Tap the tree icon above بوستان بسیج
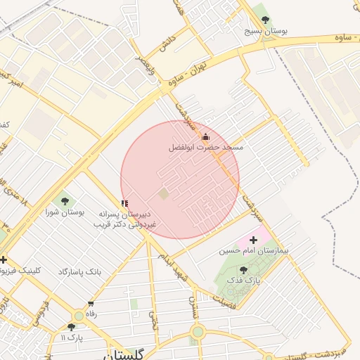(265, 18)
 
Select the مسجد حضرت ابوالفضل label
(206, 148)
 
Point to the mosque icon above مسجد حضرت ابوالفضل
(206, 136)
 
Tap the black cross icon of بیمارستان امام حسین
(254, 240)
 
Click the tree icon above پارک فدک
(243, 270)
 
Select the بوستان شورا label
(65, 212)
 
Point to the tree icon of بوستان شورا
(65, 201)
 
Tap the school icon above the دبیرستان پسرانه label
(125, 204)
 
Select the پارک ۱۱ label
(72, 337)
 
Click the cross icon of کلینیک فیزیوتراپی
(4, 259)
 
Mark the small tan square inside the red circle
(164, 193)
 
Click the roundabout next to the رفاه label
(77, 316)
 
